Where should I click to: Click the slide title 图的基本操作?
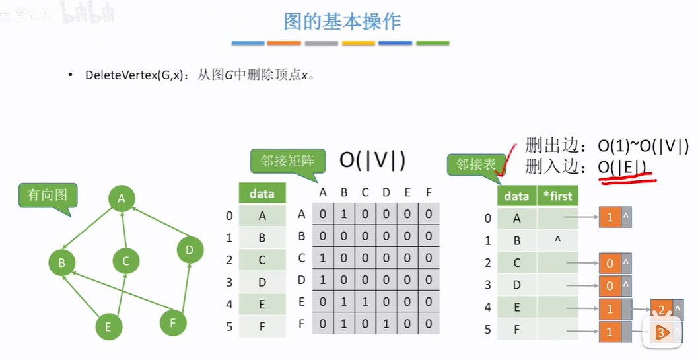[x=341, y=22]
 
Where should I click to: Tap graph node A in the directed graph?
[x=122, y=198]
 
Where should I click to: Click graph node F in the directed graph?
[x=173, y=323]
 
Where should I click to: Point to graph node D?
[x=190, y=250]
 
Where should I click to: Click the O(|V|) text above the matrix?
[x=372, y=160]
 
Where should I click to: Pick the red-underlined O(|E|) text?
[x=621, y=168]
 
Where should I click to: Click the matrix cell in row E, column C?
[x=365, y=302]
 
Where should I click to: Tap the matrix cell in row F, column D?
[x=386, y=324]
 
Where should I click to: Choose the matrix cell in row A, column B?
[x=343, y=214]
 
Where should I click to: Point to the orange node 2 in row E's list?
[x=662, y=309]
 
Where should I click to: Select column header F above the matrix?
[x=429, y=192]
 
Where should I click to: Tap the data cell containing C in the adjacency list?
[x=516, y=263]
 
